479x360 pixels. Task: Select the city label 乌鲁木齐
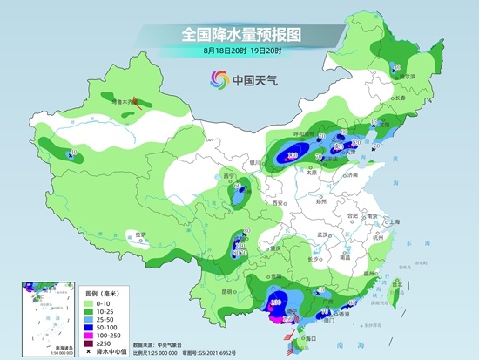pos(127,102)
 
